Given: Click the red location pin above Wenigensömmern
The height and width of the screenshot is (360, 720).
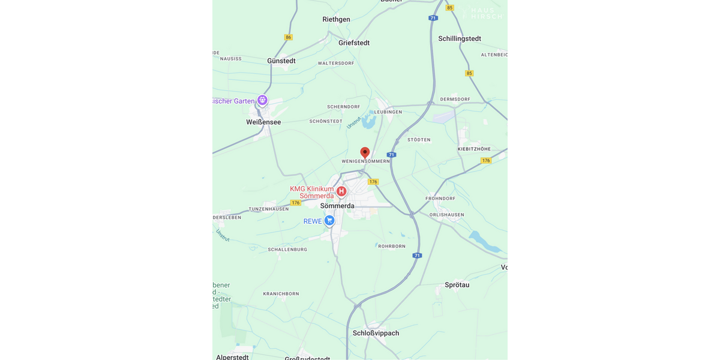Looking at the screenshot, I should tap(365, 152).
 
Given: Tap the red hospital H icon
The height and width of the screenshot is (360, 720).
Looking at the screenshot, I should tap(341, 191).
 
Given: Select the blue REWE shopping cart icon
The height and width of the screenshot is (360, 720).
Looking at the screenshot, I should tap(329, 221).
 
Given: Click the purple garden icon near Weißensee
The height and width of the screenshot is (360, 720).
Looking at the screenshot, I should tap(262, 100).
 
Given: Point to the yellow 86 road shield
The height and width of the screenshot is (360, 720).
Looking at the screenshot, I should tap(289, 37).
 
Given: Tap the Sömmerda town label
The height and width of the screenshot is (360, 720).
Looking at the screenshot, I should tap(337, 206).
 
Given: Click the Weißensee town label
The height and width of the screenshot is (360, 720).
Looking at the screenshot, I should tap(263, 122).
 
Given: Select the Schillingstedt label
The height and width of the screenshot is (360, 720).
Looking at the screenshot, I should tap(460, 38).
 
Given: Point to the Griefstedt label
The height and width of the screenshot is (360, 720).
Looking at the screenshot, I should tap(354, 43).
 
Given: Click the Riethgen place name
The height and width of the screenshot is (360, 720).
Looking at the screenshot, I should tap(336, 19).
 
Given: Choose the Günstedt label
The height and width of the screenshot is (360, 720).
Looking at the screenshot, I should tap(281, 61).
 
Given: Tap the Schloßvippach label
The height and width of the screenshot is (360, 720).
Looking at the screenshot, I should tap(376, 333).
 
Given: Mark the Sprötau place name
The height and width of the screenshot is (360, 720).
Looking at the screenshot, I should tap(457, 285).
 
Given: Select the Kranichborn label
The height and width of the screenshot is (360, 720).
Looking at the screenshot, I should tap(281, 294).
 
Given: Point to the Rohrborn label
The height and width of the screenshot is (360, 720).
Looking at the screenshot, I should tap(392, 246).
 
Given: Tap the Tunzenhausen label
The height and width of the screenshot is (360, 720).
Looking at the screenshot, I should tap(269, 209).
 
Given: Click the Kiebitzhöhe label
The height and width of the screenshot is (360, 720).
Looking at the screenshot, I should tap(474, 149).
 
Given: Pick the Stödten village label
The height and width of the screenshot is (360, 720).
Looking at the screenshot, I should tap(419, 140).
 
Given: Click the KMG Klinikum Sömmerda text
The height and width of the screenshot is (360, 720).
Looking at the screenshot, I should tap(311, 192).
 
